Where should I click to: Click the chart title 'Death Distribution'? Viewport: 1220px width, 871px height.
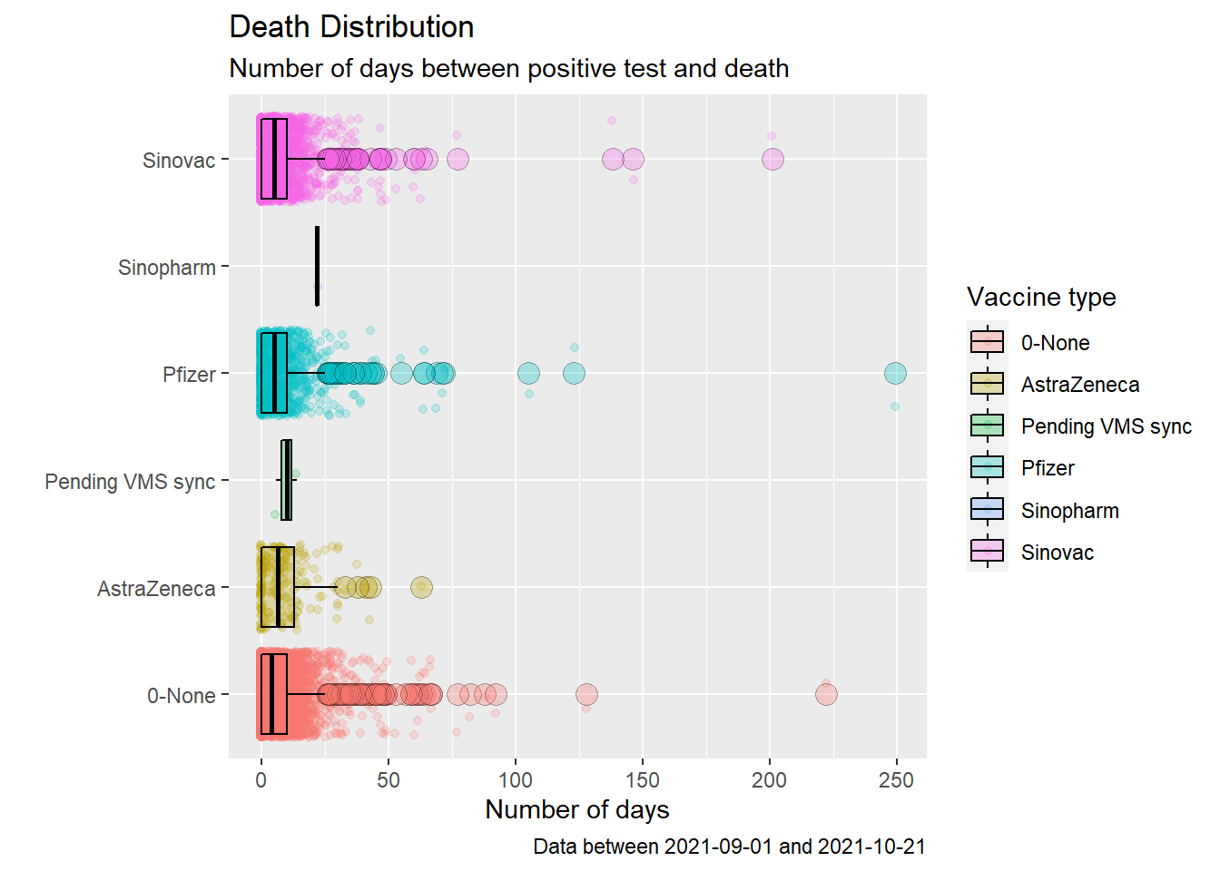[x=351, y=27]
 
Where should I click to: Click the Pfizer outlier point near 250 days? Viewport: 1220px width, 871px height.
[x=895, y=373]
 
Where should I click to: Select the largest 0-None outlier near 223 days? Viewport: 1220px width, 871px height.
[x=826, y=695]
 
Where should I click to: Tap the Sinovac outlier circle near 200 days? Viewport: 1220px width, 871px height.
[x=772, y=160]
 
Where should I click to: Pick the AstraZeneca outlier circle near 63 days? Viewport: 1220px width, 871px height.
[x=421, y=587]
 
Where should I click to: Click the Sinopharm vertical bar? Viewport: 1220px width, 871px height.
[x=317, y=266]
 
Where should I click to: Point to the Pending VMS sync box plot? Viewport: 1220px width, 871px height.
[x=286, y=480]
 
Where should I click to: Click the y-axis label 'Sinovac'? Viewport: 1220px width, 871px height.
[x=179, y=161]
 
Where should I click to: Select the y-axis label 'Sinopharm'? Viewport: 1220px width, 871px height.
[x=167, y=268]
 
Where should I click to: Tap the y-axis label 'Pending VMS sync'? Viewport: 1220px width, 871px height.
[x=130, y=482]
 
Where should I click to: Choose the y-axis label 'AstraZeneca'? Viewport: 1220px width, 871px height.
[x=156, y=589]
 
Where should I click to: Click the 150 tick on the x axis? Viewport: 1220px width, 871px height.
[x=643, y=780]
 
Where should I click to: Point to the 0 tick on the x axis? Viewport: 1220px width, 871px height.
[x=261, y=780]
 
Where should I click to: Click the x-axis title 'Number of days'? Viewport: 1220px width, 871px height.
[x=577, y=809]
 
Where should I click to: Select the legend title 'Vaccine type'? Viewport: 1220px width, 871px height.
[x=1041, y=297]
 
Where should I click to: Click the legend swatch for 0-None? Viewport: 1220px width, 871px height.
[x=987, y=342]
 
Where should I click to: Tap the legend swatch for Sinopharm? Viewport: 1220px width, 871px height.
[x=987, y=510]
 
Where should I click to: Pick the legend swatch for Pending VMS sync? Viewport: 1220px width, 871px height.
[x=987, y=426]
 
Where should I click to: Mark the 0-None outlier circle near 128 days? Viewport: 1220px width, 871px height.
[x=586, y=695]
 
